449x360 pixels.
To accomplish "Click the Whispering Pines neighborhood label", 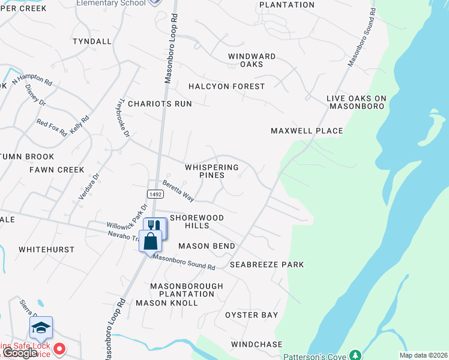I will (x=212, y=171).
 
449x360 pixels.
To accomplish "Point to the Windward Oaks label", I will (x=252, y=60).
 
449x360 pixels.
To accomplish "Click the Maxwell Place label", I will (x=307, y=131).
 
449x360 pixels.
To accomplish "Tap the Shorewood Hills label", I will (x=197, y=221).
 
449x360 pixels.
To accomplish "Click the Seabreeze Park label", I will (x=267, y=265).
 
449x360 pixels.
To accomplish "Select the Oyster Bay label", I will (x=252, y=315).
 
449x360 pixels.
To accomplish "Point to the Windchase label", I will (x=256, y=344).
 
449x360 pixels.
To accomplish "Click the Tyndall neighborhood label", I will (x=92, y=41).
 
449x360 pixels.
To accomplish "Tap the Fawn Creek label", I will (x=57, y=170).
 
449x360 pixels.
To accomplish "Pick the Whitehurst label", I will (x=46, y=249).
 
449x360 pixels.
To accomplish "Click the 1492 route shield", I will (x=155, y=193).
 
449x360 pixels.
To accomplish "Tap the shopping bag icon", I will (x=150, y=241).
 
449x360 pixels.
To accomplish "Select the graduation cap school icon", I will (x=41, y=328).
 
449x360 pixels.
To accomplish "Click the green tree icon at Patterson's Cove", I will (x=355, y=355).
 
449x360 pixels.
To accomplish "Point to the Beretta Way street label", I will (x=178, y=192).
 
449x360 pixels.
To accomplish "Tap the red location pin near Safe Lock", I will (x=59, y=349).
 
